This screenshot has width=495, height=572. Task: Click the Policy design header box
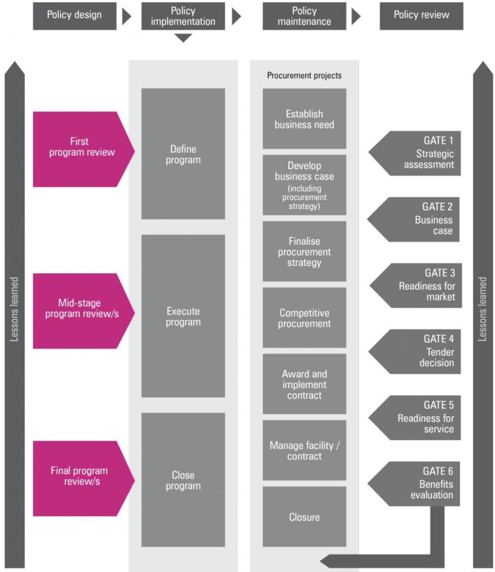74,16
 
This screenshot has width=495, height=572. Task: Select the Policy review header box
421,16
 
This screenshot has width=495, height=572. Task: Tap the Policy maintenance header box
304,16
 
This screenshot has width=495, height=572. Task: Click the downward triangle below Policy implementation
183,38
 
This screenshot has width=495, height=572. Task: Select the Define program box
183,154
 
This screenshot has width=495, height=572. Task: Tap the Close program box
183,480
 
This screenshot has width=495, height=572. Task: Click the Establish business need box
304,118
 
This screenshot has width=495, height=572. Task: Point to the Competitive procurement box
304,318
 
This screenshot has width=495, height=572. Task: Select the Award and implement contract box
304,384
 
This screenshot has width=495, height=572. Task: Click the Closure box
304,517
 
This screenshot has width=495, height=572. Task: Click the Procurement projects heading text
304,75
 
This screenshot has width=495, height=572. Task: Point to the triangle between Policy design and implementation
127,16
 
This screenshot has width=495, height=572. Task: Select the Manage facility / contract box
304,450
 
